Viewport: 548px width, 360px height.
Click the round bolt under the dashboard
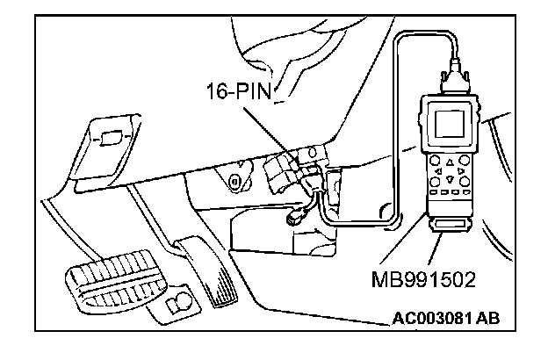coord(234,182)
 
